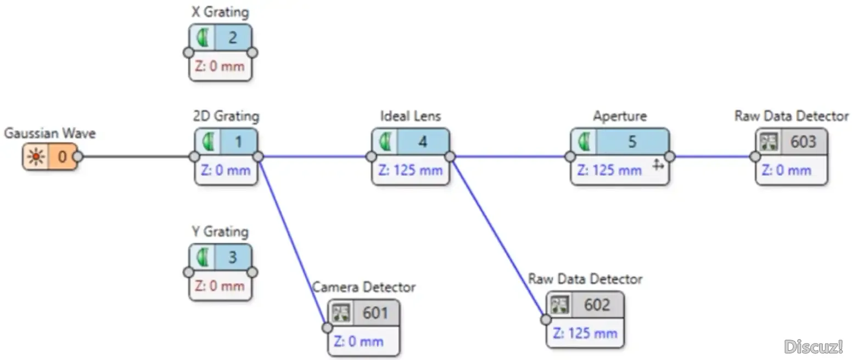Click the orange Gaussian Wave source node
[50, 157]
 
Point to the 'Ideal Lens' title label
[411, 116]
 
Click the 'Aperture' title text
[620, 116]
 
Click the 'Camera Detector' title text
[364, 287]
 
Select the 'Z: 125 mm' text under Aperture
[609, 170]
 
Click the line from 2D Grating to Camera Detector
[293, 241]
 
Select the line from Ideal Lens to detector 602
[497, 236]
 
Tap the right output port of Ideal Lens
[450, 157]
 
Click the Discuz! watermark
[814, 346]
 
